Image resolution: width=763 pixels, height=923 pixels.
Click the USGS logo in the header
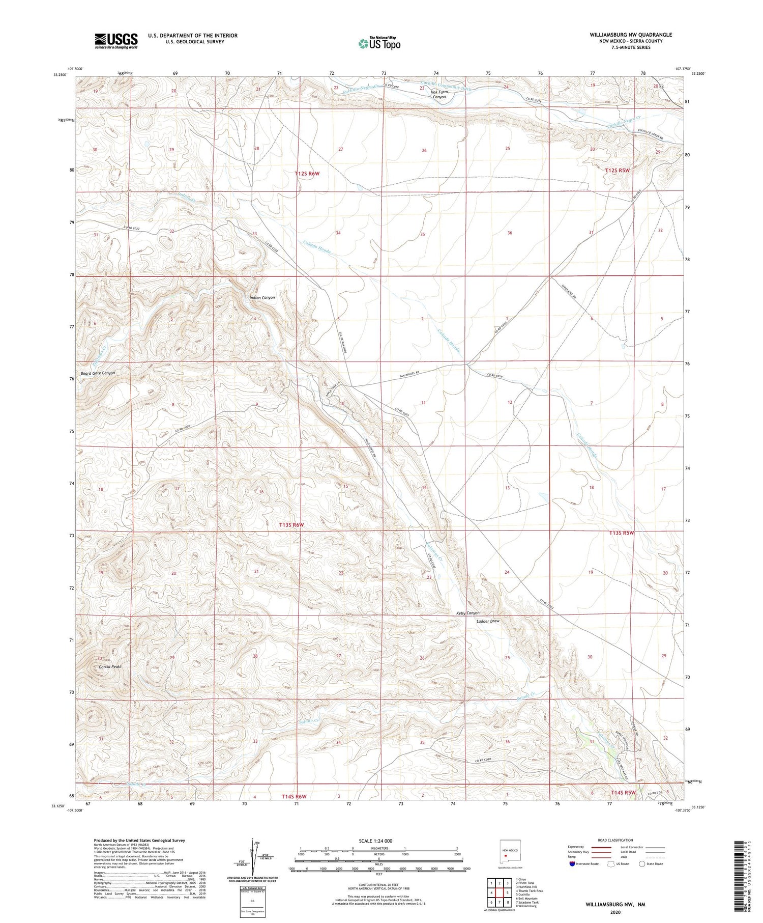coord(116,41)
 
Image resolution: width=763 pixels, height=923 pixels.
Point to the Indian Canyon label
coord(262,298)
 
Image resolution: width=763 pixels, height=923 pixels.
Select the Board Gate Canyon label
coord(98,373)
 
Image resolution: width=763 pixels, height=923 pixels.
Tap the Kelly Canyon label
coord(468,613)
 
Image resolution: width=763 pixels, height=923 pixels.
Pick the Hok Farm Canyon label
coord(438,94)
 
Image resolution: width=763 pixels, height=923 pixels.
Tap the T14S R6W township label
coord(295,796)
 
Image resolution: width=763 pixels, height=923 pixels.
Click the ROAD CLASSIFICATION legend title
coord(615,840)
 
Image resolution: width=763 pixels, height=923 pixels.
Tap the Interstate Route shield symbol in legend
coord(573,864)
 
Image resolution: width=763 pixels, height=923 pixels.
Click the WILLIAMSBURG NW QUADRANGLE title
coord(631,35)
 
